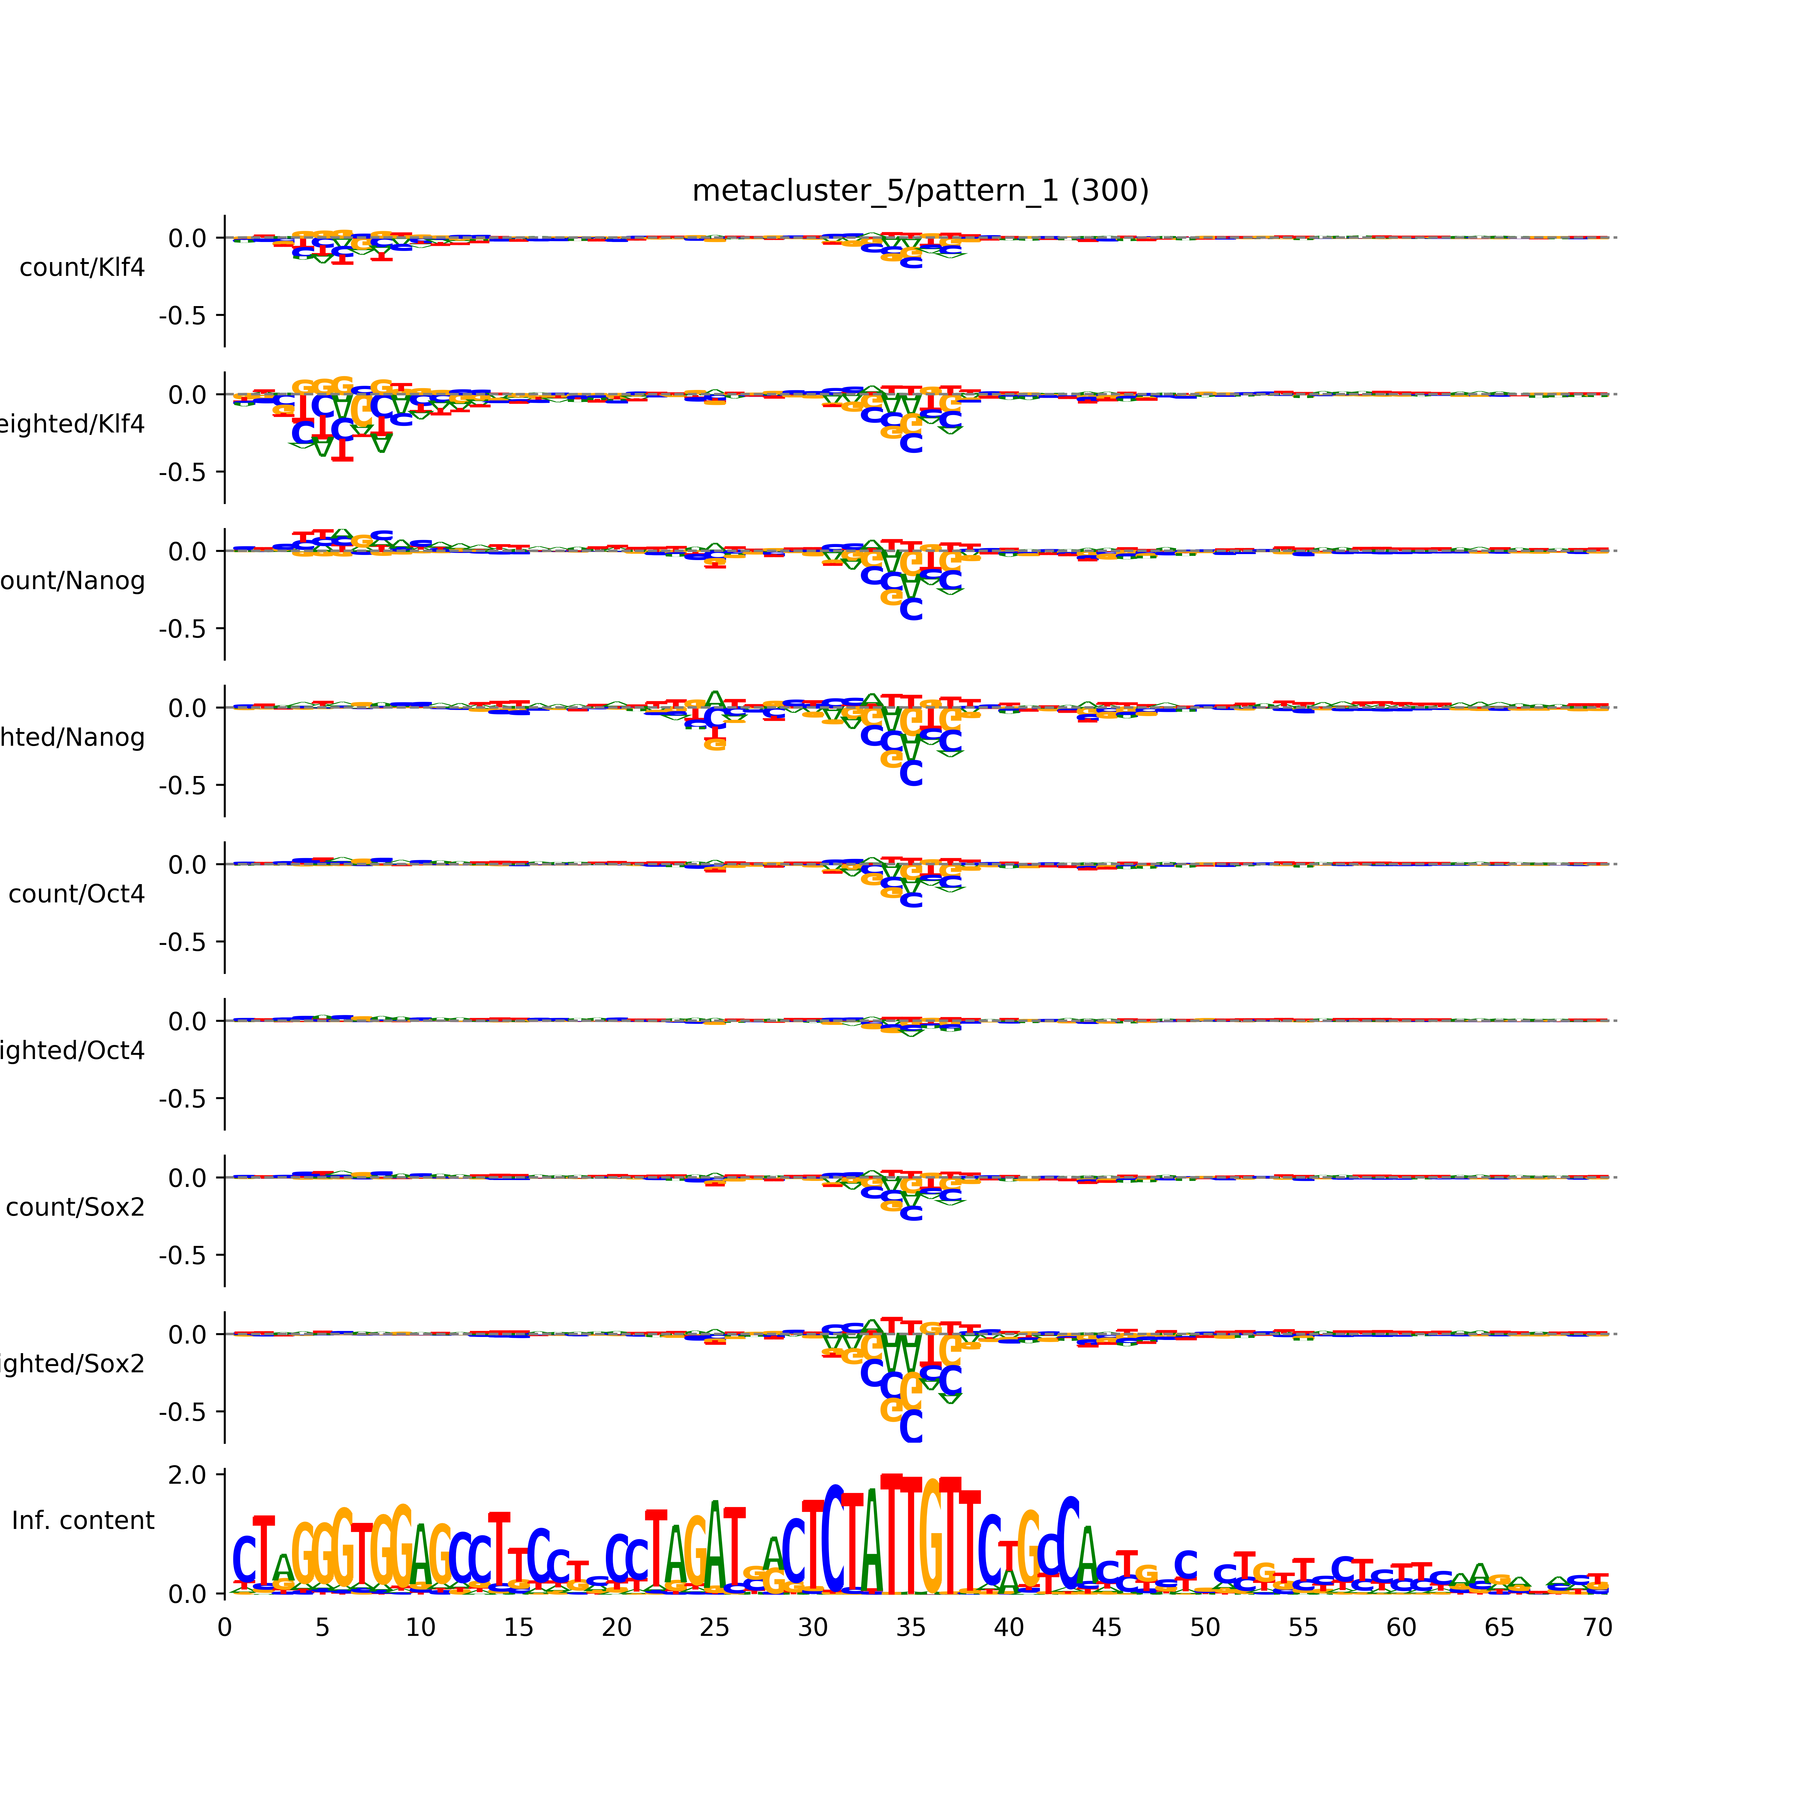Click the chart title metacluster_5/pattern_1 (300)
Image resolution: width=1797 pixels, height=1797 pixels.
920,191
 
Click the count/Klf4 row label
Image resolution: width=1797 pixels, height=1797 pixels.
82,268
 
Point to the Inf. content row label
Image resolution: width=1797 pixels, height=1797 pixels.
83,1521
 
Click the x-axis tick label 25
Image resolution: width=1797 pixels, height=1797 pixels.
714,1628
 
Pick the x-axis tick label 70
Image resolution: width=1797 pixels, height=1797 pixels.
1597,1628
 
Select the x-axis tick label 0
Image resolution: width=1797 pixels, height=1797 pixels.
224,1628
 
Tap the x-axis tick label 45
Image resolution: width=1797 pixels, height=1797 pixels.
1107,1628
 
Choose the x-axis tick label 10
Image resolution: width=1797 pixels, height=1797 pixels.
420,1628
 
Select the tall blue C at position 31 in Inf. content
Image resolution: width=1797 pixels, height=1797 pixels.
834,1539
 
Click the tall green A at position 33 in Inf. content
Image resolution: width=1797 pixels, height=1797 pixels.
872,1544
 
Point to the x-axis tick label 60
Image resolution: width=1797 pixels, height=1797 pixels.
1401,1628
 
